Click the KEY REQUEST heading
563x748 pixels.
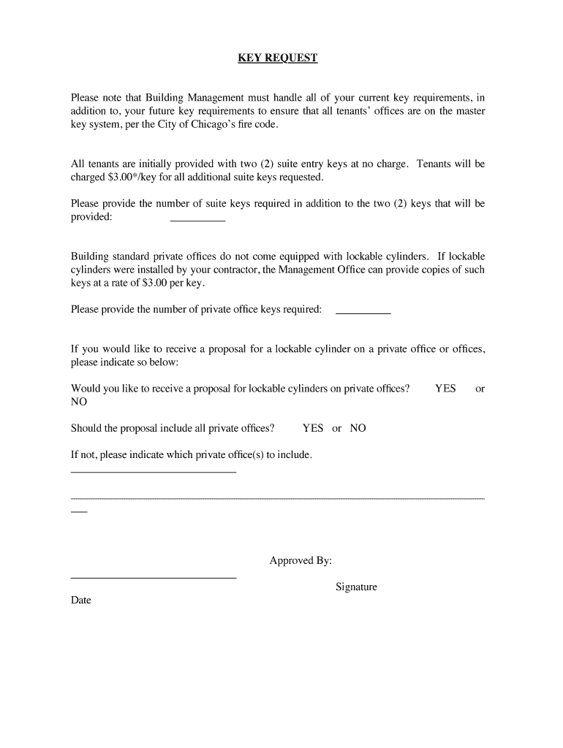pos(278,58)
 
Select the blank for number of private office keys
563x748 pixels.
pos(363,313)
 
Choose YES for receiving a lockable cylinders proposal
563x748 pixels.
pos(445,389)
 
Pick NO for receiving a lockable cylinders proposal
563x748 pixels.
pos(79,402)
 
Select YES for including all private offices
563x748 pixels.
pos(313,428)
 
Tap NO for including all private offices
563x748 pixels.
pos(358,428)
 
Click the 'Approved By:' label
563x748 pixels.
pos(301,561)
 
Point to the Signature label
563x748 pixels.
pos(356,587)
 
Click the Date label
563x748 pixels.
pos(81,600)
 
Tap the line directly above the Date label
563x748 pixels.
pos(154,579)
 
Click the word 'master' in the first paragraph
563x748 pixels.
pos(470,111)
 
